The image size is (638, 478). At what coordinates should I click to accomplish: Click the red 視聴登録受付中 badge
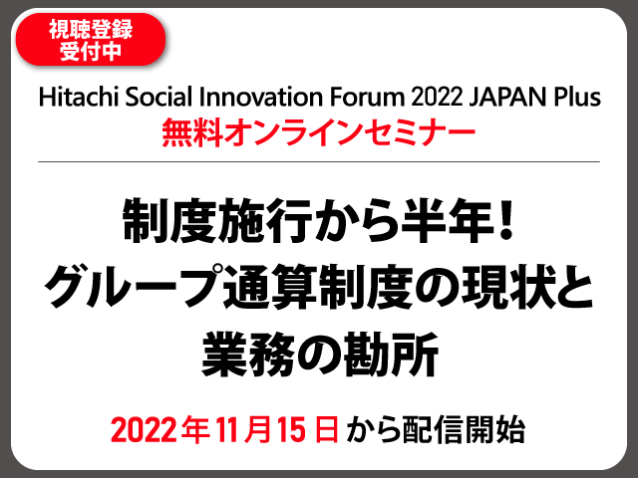(x=91, y=40)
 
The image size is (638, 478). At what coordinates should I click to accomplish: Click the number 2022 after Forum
(x=437, y=98)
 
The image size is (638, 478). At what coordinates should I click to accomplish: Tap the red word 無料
(x=192, y=133)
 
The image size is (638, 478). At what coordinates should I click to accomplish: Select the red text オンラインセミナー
(x=349, y=133)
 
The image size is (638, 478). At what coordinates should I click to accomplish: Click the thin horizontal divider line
(x=319, y=161)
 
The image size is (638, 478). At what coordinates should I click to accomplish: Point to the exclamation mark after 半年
(x=506, y=221)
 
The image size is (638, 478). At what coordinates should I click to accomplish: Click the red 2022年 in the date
(x=160, y=429)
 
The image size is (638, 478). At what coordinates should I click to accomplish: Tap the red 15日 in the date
(x=308, y=429)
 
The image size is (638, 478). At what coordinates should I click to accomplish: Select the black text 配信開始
(x=464, y=429)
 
